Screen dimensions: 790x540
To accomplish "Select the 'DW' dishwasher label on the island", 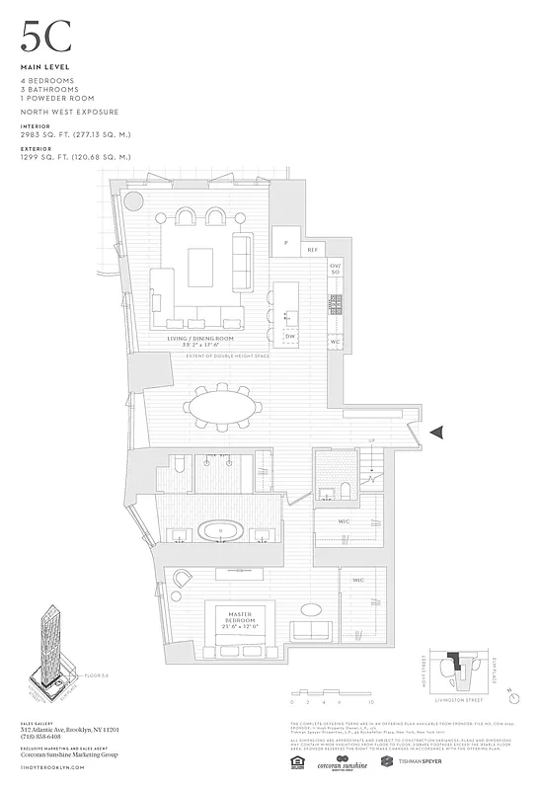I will click(x=289, y=336).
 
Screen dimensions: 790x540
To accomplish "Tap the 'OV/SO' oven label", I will click(x=336, y=270).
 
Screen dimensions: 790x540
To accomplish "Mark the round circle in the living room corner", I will click(x=134, y=202).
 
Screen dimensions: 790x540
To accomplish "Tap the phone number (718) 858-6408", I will click(x=41, y=735).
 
